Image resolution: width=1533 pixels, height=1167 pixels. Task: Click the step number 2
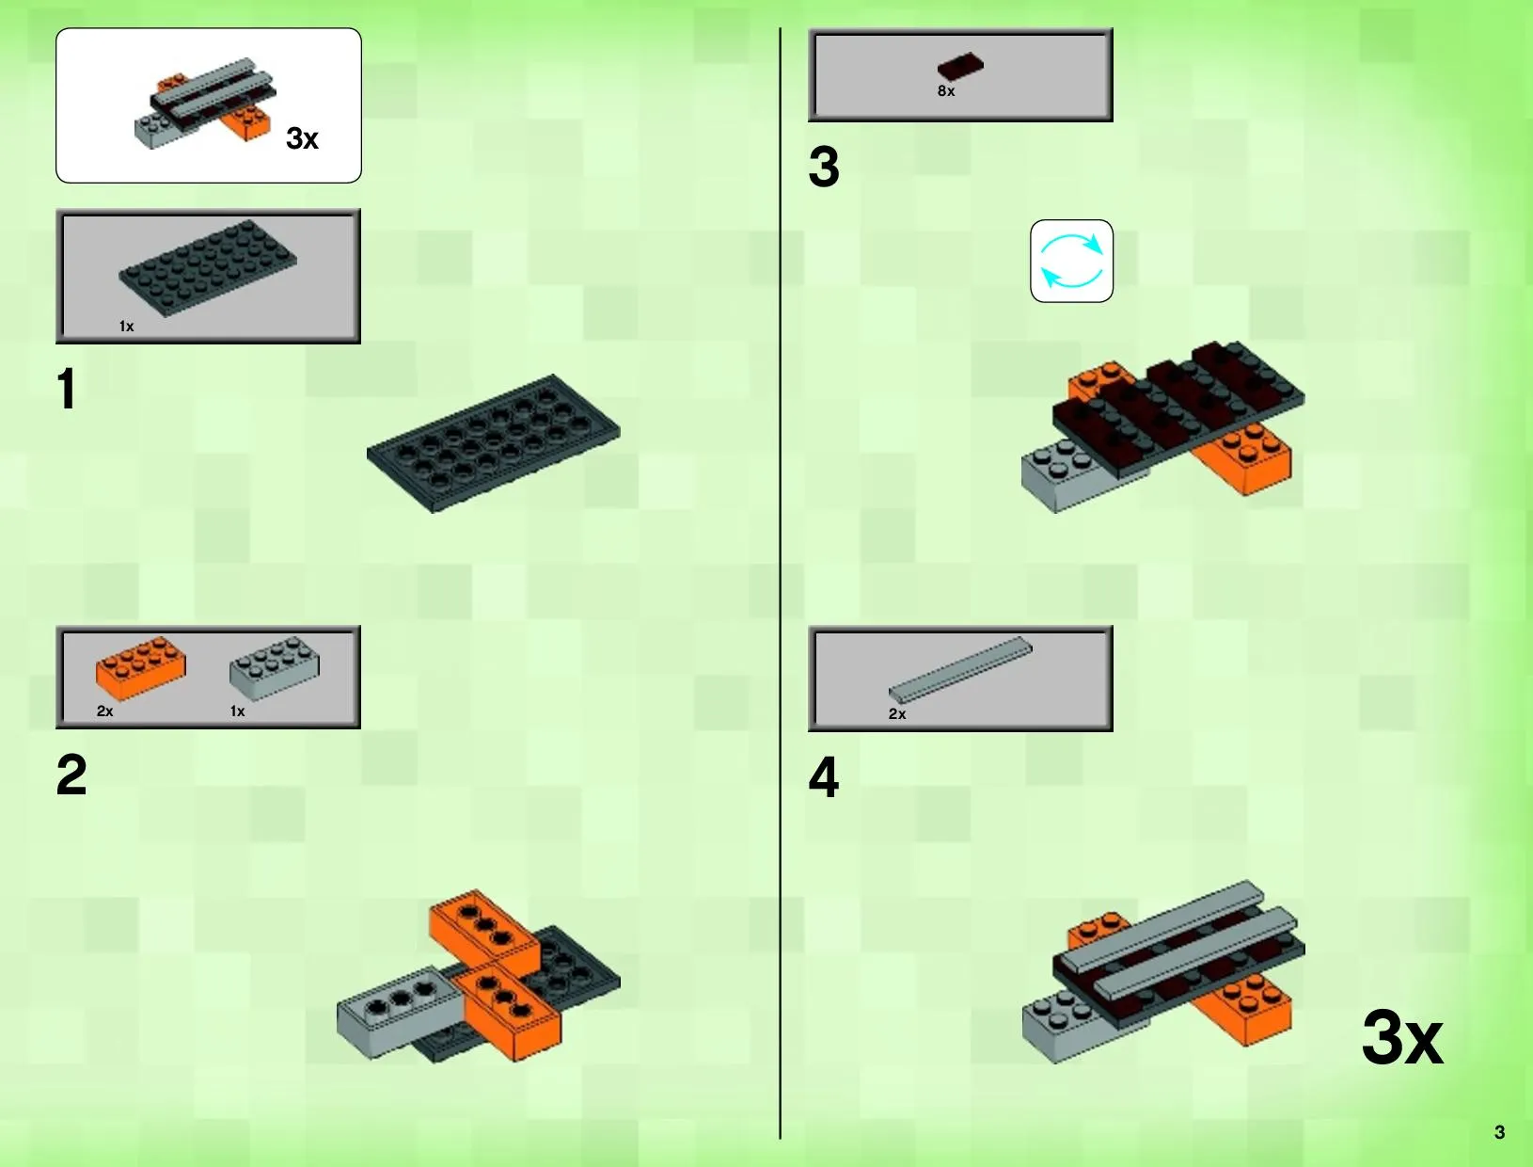tap(71, 775)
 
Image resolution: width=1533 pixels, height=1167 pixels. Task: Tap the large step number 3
tap(824, 167)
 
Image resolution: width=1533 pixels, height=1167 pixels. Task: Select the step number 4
tap(824, 777)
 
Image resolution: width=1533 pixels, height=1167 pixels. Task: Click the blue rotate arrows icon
tap(1071, 262)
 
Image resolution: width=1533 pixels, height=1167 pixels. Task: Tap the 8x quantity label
tap(945, 91)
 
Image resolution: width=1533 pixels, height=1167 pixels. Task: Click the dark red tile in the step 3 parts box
tap(960, 66)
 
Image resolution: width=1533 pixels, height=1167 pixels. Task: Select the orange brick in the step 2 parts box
tap(140, 667)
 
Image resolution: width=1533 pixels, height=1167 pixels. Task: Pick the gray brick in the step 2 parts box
tap(275, 667)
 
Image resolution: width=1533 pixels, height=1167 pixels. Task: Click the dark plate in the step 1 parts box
tap(208, 268)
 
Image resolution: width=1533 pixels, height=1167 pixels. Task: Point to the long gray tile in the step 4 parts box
tap(960, 669)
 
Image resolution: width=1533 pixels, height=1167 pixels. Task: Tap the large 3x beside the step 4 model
tap(1401, 1038)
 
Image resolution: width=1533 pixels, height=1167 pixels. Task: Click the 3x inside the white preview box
tap(302, 138)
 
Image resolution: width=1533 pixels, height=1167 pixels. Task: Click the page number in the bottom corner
tap(1499, 1132)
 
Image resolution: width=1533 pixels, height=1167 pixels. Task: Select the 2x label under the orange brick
tap(104, 711)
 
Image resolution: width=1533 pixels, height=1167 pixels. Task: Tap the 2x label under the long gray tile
tap(896, 714)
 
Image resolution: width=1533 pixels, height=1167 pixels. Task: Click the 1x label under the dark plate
tap(126, 327)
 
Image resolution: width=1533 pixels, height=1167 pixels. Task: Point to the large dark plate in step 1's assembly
tap(493, 443)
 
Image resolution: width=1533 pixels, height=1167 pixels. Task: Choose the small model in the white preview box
tap(204, 102)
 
